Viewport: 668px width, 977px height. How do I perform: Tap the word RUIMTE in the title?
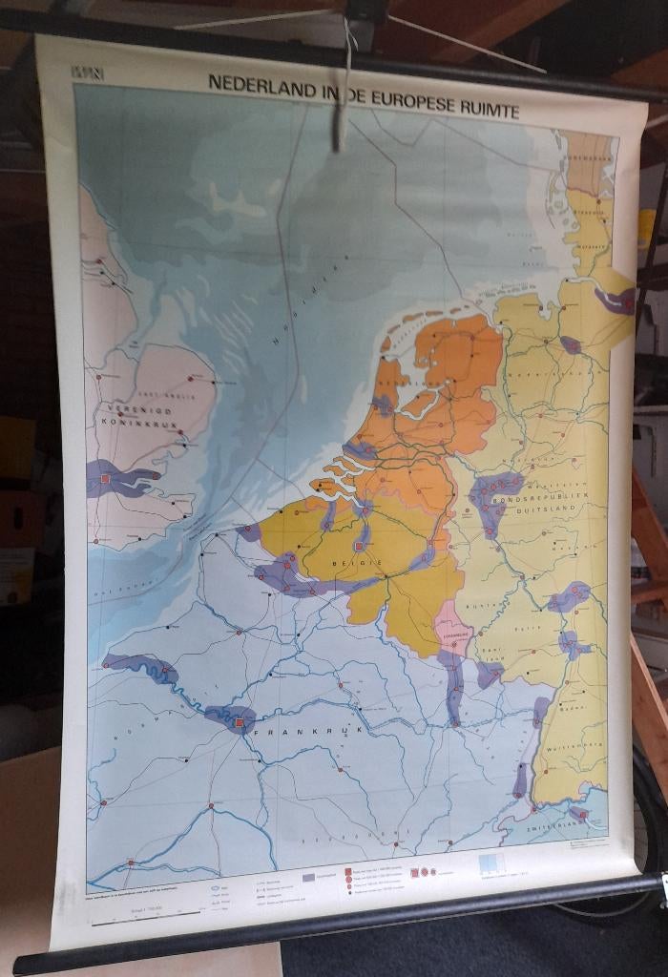[x=487, y=112]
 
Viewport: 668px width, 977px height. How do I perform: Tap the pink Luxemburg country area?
[x=453, y=634]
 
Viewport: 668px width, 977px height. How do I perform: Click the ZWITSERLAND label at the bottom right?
[x=558, y=828]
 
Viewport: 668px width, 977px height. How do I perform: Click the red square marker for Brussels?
[x=361, y=546]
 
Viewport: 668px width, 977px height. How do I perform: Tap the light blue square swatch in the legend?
[x=488, y=864]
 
